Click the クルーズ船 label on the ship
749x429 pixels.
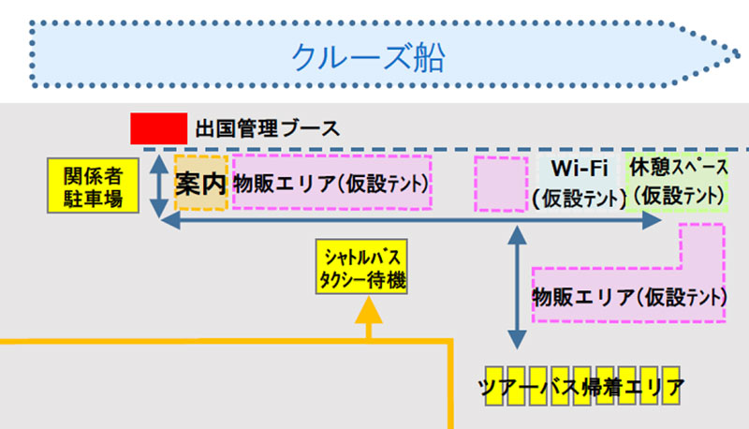pyautogui.click(x=367, y=57)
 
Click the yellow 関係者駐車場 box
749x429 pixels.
pyautogui.click(x=93, y=185)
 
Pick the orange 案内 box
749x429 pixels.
pyautogui.click(x=201, y=183)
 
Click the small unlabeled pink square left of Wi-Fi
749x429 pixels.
pyautogui.click(x=501, y=184)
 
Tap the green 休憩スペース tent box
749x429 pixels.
pyautogui.click(x=679, y=183)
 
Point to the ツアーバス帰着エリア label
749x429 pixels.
pyautogui.click(x=580, y=387)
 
